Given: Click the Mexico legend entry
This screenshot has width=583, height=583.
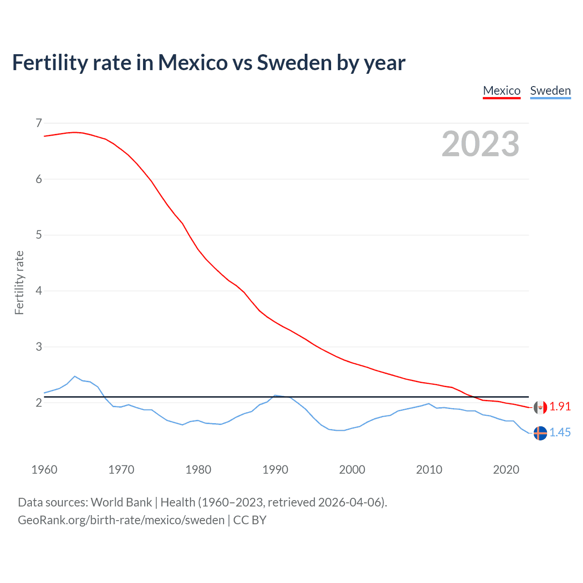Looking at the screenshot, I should click(501, 91).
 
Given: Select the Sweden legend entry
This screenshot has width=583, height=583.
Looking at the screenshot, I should click(550, 91).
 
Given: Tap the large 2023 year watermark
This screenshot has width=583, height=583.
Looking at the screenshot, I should click(481, 144).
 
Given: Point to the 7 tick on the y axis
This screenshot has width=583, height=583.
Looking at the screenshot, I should click(39, 123).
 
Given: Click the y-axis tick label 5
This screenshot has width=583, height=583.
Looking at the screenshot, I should click(39, 235).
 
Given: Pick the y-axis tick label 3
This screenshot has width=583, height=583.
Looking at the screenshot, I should click(39, 347).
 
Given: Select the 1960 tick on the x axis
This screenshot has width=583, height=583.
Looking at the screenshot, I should click(44, 470).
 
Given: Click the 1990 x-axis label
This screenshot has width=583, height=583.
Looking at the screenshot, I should click(275, 470).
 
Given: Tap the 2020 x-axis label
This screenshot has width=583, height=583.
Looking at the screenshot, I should click(506, 470).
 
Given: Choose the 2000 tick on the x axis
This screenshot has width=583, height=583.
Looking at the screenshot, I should click(352, 470).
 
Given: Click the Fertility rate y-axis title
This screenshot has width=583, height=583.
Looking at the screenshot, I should click(19, 282).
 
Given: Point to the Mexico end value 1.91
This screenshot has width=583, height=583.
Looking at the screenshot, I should click(560, 407).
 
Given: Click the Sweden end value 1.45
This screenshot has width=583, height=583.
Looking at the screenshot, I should click(560, 433).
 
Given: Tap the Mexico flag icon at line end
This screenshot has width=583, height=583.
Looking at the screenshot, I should click(540, 407).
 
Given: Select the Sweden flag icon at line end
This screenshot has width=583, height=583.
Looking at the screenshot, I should click(540, 433).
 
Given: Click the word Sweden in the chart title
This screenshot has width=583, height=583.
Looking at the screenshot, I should click(294, 63).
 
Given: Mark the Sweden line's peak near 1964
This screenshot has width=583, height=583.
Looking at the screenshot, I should click(75, 376).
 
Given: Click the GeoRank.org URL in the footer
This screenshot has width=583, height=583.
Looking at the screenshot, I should click(121, 520).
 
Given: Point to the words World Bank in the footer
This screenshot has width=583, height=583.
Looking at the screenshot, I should click(121, 502).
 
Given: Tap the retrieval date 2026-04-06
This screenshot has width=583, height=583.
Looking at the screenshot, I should click(349, 502).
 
